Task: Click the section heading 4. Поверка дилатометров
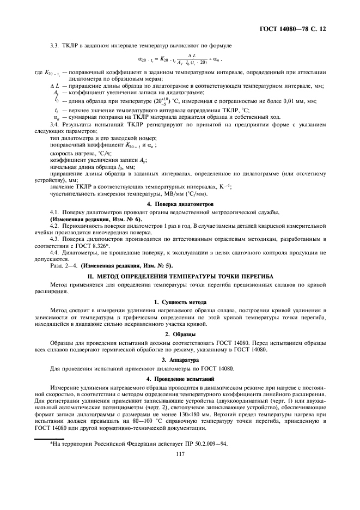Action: pos(180,203)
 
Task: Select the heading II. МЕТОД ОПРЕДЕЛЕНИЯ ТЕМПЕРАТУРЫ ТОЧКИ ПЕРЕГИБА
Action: pos(180,276)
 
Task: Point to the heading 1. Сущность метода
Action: pos(180,301)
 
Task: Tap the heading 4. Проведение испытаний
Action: pos(180,378)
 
